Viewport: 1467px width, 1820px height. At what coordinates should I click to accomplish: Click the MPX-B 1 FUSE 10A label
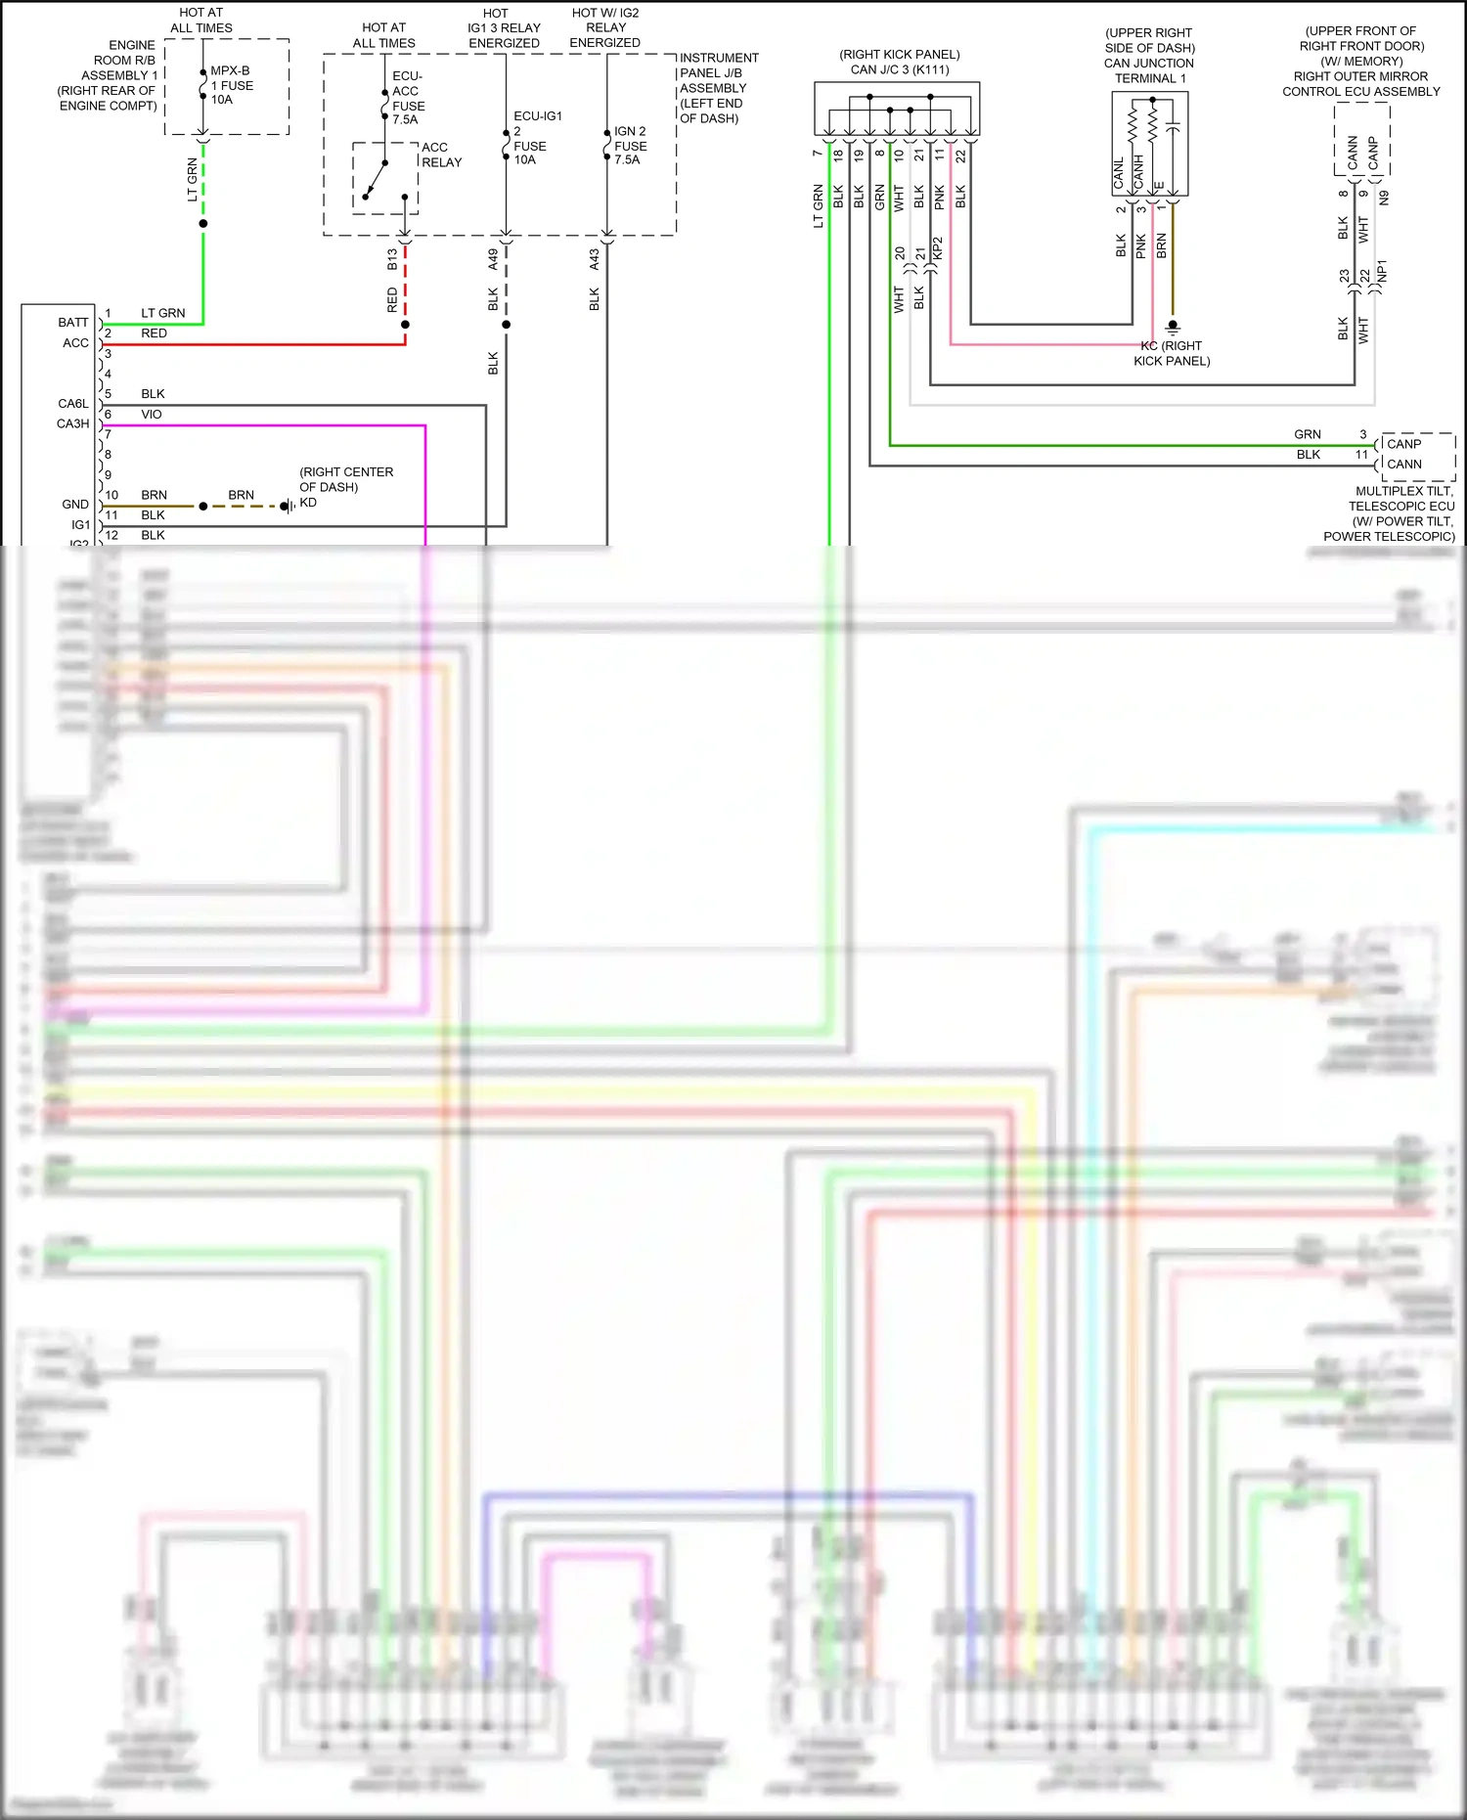[232, 85]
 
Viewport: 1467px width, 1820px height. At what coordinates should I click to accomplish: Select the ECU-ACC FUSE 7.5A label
[408, 98]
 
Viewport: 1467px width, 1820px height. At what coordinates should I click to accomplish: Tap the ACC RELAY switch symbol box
[385, 178]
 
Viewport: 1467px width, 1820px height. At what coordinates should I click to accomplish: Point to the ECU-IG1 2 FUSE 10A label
[536, 138]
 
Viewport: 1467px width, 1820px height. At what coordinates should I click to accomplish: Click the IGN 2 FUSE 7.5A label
[630, 145]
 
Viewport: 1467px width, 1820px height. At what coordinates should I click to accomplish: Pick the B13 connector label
[392, 259]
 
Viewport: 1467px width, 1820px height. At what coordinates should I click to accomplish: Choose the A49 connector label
[493, 259]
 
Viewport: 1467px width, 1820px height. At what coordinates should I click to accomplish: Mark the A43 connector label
[594, 259]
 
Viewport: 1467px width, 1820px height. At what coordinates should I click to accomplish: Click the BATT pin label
[72, 323]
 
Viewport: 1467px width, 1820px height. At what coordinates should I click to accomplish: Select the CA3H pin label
[72, 423]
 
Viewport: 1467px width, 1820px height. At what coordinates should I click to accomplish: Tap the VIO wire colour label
[152, 415]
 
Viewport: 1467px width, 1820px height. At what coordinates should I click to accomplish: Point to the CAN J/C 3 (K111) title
[900, 69]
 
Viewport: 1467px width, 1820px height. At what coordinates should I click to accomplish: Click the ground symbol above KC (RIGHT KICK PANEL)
[1173, 327]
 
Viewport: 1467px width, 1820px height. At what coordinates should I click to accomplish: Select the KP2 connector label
[937, 248]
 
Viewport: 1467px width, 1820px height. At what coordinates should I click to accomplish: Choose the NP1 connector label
[1382, 271]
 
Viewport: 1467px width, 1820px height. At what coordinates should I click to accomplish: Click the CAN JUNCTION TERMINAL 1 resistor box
[1150, 144]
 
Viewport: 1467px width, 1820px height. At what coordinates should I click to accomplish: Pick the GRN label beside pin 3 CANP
[1308, 434]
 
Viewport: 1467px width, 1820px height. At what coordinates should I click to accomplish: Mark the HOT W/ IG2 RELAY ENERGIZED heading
[605, 27]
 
